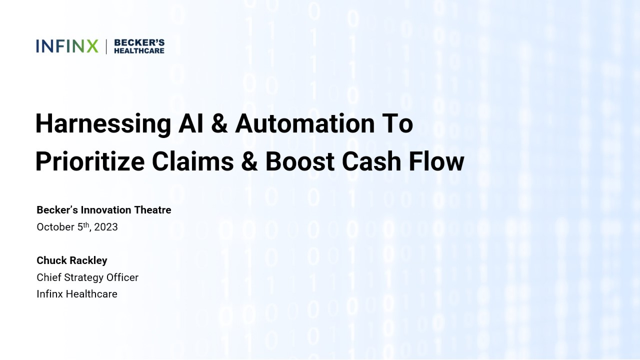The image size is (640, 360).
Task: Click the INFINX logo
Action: tap(67, 46)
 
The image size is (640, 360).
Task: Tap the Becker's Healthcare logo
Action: tap(139, 46)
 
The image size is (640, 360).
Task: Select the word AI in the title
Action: tap(191, 123)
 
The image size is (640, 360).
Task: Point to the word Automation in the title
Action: tap(305, 123)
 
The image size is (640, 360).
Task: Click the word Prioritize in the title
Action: tap(90, 162)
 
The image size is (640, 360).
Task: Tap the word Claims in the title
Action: tap(193, 161)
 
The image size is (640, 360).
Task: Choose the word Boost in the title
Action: tap(300, 161)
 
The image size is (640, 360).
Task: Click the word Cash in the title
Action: tap(371, 161)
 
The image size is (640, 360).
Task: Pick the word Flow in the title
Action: tap(436, 161)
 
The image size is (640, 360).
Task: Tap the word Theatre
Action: tap(153, 210)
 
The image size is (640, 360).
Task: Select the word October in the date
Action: tap(55, 227)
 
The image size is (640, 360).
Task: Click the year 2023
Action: tap(106, 227)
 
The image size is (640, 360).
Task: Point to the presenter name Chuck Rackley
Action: tap(72, 260)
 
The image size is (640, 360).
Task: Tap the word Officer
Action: tap(122, 277)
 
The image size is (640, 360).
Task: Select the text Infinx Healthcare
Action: tap(77, 294)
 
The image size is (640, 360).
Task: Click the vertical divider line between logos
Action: tap(106, 46)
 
